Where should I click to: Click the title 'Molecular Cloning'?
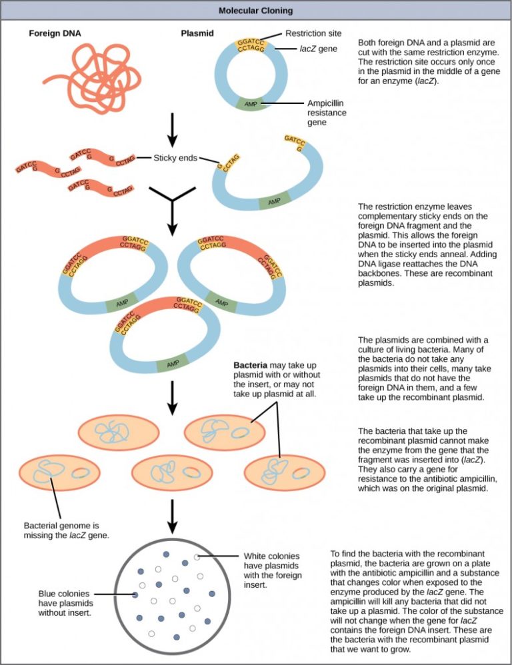click(x=256, y=11)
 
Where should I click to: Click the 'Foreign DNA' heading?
click(x=55, y=33)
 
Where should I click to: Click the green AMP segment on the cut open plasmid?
click(x=273, y=200)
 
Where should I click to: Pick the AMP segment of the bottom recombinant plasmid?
click(x=173, y=364)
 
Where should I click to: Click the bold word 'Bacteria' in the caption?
click(x=250, y=366)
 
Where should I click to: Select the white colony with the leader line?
click(x=196, y=556)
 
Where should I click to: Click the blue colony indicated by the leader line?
click(x=135, y=594)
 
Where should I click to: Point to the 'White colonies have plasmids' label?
click(x=272, y=570)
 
